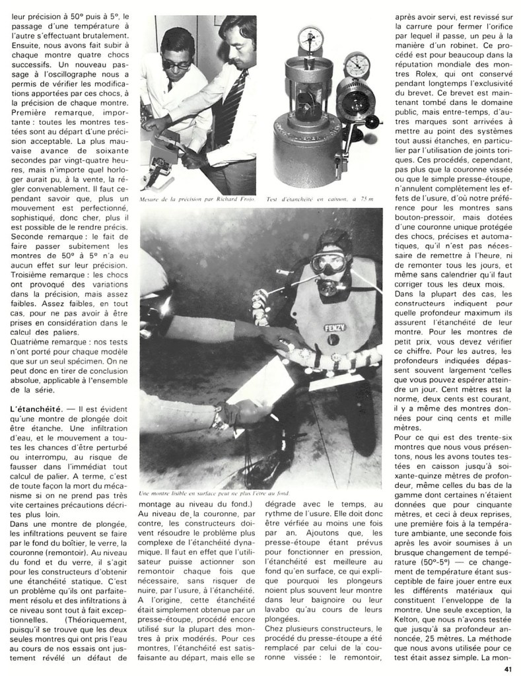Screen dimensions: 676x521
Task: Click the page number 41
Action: point(507,668)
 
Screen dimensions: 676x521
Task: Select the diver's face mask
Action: point(328,262)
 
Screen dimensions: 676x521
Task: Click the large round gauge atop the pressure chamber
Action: point(308,39)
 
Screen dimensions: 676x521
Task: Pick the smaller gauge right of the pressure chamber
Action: point(357,66)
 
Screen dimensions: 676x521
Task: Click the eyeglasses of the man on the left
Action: point(176,64)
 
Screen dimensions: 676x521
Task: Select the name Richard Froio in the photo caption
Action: point(235,199)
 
